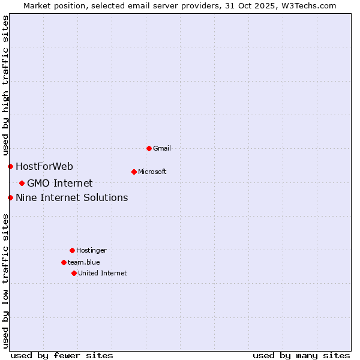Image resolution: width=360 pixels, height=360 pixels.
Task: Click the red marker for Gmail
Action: (x=149, y=148)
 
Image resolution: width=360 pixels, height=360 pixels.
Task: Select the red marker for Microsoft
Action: (x=134, y=172)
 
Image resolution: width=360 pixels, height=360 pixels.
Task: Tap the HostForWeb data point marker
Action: (x=10, y=166)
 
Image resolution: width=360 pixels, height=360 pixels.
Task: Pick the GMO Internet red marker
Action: (x=22, y=183)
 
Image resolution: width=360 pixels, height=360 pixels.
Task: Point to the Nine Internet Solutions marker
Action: (x=10, y=197)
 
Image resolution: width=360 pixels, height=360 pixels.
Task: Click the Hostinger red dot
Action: (x=72, y=250)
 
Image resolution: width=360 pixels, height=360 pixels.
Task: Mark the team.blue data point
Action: (x=64, y=262)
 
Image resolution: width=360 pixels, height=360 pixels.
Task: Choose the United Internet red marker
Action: (x=74, y=273)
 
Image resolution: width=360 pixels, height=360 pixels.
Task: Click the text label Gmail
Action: (x=162, y=148)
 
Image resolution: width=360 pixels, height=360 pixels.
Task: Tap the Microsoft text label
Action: (x=152, y=172)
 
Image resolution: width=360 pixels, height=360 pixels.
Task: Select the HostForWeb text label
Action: (x=44, y=166)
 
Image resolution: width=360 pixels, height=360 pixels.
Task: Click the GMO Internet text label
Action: (x=60, y=183)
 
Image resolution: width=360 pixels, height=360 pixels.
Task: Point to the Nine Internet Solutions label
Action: (x=72, y=197)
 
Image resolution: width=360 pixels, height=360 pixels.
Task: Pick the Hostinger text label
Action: (x=91, y=250)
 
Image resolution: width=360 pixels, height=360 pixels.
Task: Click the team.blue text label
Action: (x=84, y=262)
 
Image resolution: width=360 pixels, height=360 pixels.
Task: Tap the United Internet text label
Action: (x=103, y=273)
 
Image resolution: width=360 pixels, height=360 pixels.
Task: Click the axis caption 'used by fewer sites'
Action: (x=62, y=355)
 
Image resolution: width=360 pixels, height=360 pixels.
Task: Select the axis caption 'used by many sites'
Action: (x=301, y=355)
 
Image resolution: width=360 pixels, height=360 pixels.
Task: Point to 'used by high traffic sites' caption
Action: (x=5, y=84)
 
